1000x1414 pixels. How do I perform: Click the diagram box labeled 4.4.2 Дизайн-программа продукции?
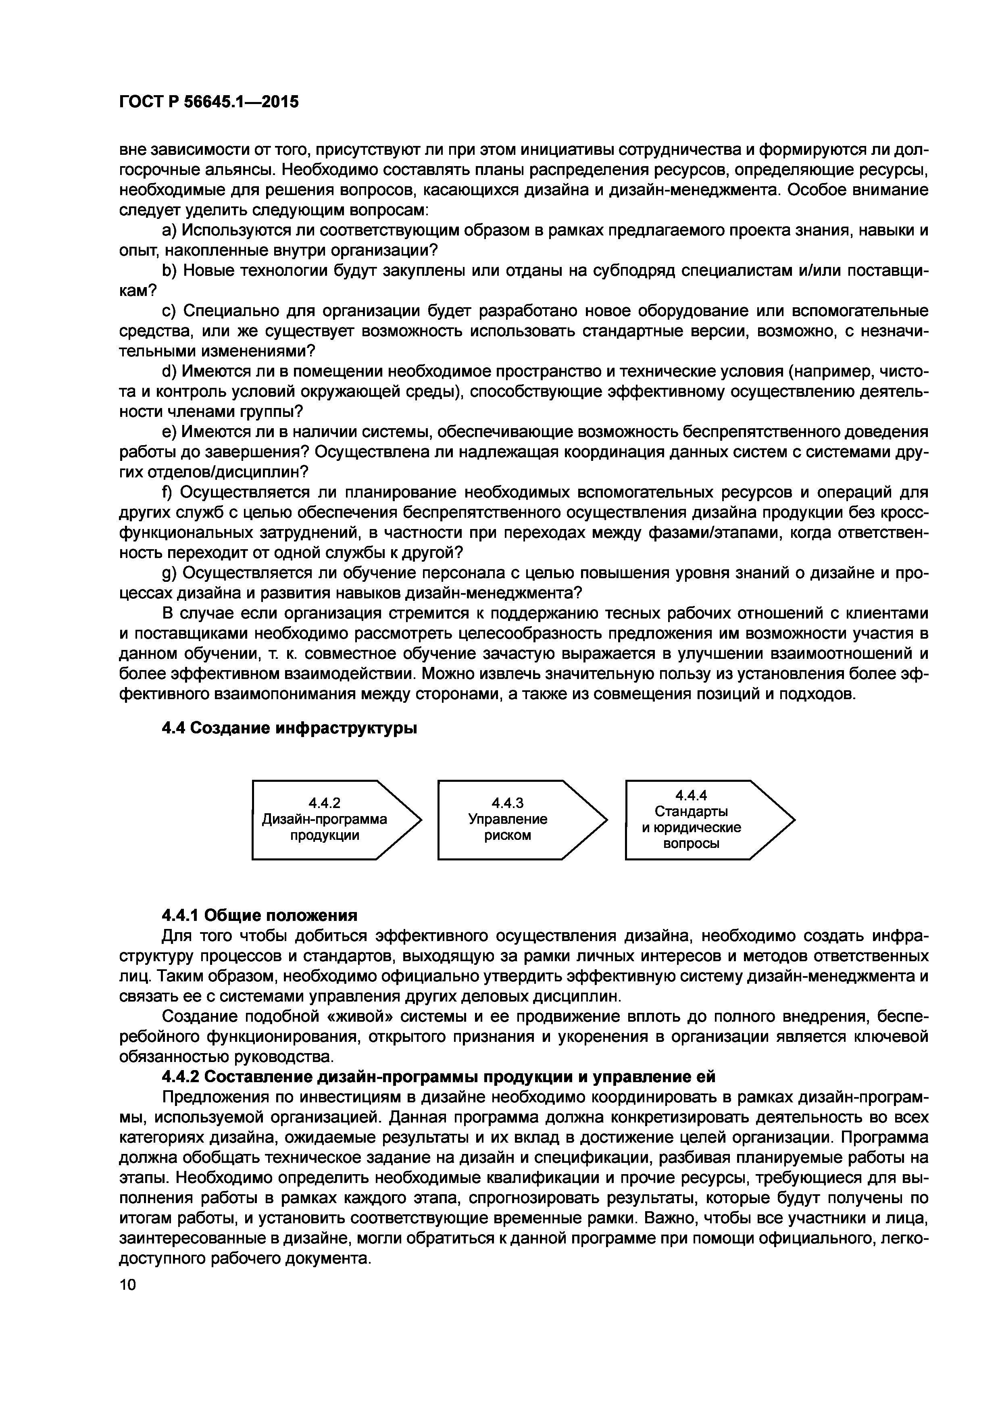pyautogui.click(x=325, y=820)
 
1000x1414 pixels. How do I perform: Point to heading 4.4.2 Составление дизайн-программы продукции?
pyautogui.click(x=438, y=1077)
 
